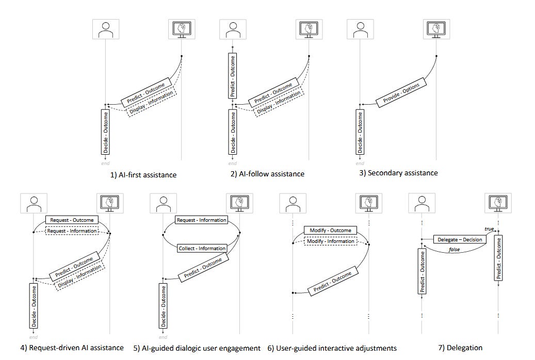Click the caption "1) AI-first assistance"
coord(143,175)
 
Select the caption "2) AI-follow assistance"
coord(267,174)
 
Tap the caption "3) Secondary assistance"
coord(398,173)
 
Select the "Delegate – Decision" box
coord(460,239)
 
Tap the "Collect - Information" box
coord(201,248)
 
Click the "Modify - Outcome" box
coord(331,231)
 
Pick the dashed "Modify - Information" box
coord(331,241)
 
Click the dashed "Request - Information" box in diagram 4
coord(71,231)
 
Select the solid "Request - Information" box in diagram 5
coord(201,220)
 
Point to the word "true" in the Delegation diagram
coord(489,228)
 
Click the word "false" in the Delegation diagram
coord(454,250)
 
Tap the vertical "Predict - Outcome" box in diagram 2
coord(232,75)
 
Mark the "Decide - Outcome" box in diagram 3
coord(360,133)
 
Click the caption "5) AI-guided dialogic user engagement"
coord(196,348)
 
